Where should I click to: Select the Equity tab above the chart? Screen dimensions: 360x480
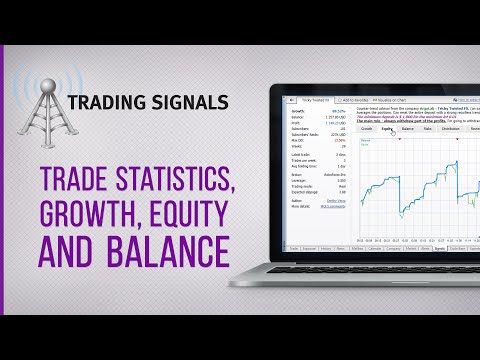coord(386,129)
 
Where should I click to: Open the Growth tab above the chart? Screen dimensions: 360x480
coord(366,129)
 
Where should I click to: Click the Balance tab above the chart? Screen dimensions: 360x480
coord(408,129)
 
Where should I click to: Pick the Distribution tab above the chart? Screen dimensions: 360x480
coord(451,129)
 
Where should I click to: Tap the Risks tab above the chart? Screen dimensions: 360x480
coord(428,129)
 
